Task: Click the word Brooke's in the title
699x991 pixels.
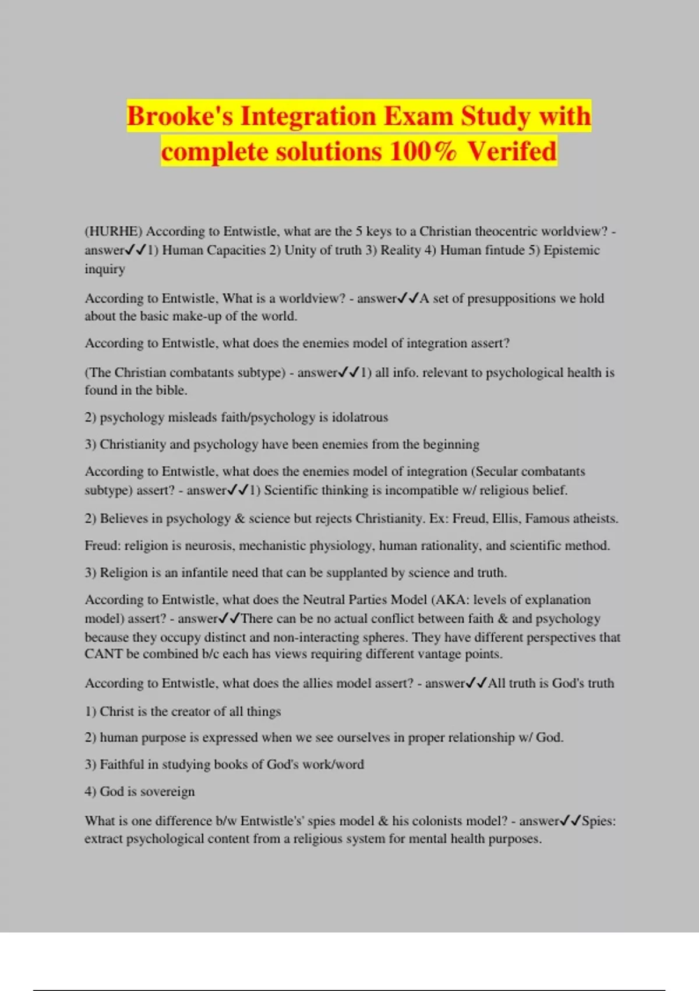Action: tap(179, 116)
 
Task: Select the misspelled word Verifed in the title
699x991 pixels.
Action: tap(512, 152)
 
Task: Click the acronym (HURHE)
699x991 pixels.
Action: tap(114, 231)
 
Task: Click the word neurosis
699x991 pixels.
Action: tap(209, 546)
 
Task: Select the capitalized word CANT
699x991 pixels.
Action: tap(103, 654)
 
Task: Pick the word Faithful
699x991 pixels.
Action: tap(122, 764)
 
